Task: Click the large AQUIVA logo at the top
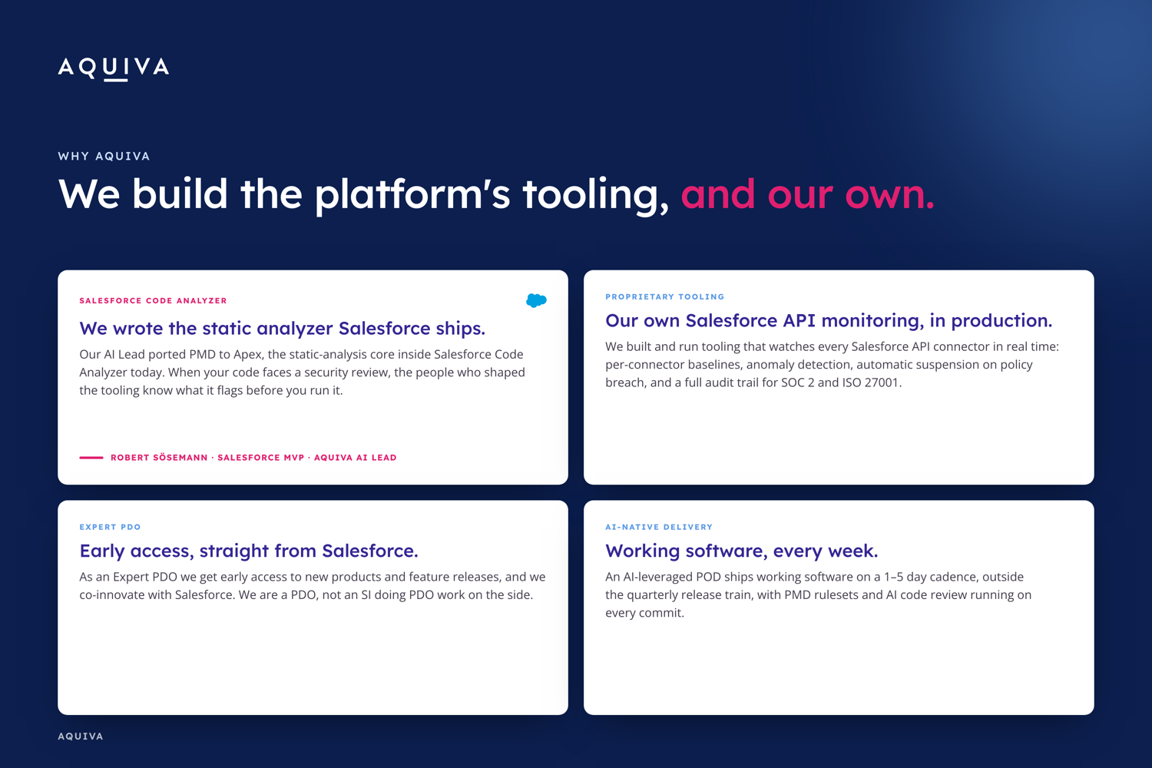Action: pyautogui.click(x=113, y=68)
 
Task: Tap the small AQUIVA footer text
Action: pyautogui.click(x=81, y=736)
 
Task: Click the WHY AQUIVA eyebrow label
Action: pyautogui.click(x=104, y=156)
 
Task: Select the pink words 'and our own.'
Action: pyautogui.click(x=807, y=194)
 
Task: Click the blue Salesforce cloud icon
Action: pyautogui.click(x=536, y=300)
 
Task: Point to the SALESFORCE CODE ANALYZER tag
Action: pyautogui.click(x=154, y=300)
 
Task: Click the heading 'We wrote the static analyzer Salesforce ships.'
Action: pyautogui.click(x=283, y=328)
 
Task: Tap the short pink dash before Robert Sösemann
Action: pyautogui.click(x=91, y=457)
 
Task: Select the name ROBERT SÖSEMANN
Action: pyautogui.click(x=159, y=457)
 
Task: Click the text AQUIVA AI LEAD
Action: pyautogui.click(x=356, y=457)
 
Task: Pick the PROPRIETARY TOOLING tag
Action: pyautogui.click(x=665, y=296)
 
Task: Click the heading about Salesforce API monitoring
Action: pyautogui.click(x=829, y=320)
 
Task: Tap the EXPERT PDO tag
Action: pyautogui.click(x=110, y=527)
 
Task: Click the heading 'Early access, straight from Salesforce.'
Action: pyautogui.click(x=249, y=551)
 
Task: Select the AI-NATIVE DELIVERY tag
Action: pyautogui.click(x=659, y=527)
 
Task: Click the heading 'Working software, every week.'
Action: pyautogui.click(x=742, y=551)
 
